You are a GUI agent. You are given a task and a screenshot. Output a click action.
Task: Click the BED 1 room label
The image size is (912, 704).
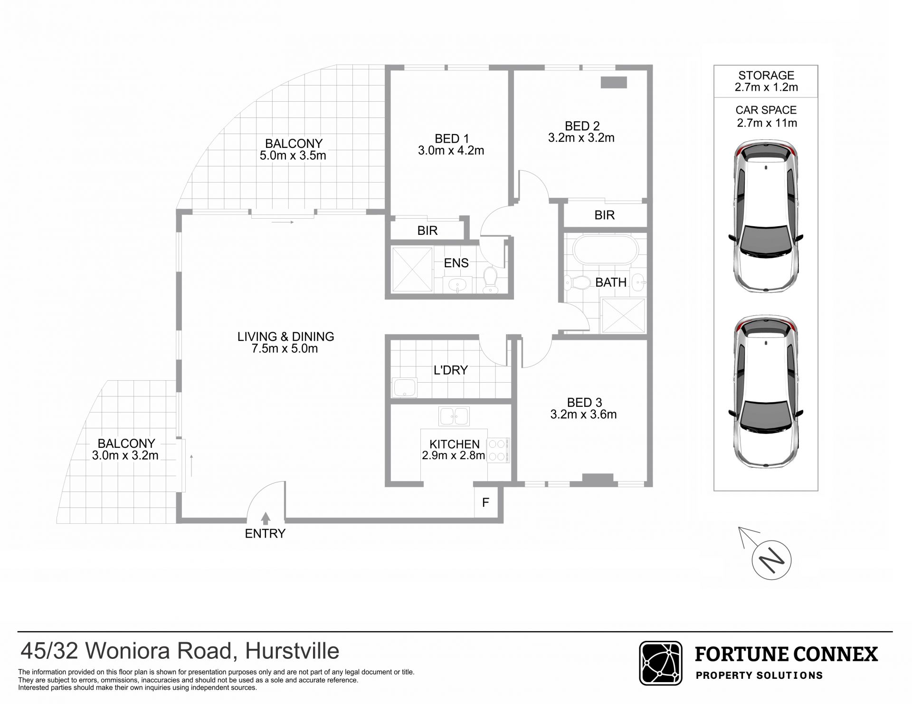pyautogui.click(x=451, y=139)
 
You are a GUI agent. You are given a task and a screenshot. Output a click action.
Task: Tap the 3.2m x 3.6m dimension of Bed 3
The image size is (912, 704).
pyautogui.click(x=583, y=415)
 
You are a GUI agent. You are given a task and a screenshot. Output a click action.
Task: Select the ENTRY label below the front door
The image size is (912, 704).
pyautogui.click(x=265, y=534)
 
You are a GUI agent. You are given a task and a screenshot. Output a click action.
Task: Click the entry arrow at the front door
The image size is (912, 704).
pyautogui.click(x=266, y=518)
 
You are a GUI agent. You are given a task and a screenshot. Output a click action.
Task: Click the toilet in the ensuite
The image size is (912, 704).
pyautogui.click(x=489, y=280)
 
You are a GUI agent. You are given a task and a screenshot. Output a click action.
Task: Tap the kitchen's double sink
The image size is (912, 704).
pyautogui.click(x=454, y=416)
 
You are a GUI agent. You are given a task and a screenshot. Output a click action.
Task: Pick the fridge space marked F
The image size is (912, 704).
pyautogui.click(x=486, y=502)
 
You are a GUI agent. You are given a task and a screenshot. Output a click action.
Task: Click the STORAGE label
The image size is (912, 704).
pyautogui.click(x=766, y=75)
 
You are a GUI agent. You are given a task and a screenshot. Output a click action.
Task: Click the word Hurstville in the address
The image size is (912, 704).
pyautogui.click(x=292, y=652)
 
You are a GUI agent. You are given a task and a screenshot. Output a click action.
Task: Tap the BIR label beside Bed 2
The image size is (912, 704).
pyautogui.click(x=605, y=215)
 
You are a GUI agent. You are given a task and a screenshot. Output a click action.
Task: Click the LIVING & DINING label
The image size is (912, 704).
pyautogui.click(x=286, y=337)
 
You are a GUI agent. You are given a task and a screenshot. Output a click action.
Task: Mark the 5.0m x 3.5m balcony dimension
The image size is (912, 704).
pyautogui.click(x=293, y=155)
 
